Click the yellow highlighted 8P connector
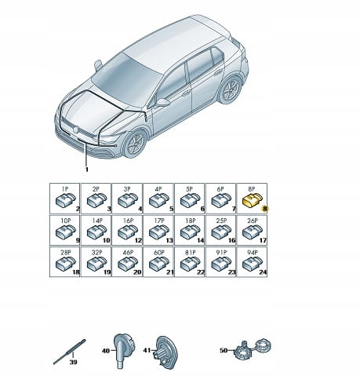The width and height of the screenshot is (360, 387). coord(253,200)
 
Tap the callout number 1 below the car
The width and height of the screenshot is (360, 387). coord(87,170)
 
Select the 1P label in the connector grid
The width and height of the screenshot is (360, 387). coord(65,189)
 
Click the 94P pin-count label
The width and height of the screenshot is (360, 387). coord(253,253)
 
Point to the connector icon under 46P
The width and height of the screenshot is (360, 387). coord(128,264)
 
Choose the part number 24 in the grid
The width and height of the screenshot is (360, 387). coord(263,272)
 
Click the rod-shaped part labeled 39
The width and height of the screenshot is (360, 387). coord(70,352)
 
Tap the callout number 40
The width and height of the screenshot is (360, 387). coord(106,350)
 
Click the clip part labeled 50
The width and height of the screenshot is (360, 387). coord(253,349)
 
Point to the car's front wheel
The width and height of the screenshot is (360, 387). coord(136,144)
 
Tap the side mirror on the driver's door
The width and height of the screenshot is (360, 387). coord(162,102)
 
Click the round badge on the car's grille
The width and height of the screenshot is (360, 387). coord(76,130)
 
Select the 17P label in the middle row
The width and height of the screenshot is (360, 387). coord(159,221)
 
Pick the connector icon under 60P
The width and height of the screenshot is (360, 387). coord(159,264)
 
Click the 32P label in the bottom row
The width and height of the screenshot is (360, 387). coord(96,253)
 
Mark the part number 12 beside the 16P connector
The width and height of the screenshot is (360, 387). coord(138,240)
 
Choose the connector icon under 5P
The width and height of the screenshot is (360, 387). coord(191,200)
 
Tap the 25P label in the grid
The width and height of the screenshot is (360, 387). coord(221,221)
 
